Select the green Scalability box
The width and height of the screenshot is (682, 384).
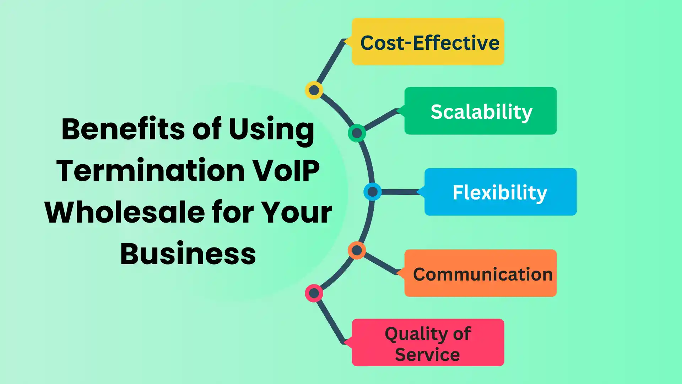pos(480,111)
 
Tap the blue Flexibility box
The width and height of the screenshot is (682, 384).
pos(500,192)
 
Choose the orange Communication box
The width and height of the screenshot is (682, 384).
pos(480,273)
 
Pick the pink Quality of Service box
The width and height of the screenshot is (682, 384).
pos(428,342)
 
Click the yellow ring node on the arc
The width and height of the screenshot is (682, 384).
pos(314,90)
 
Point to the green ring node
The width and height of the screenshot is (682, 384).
pos(357,133)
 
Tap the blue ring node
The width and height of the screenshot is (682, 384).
pos(372,192)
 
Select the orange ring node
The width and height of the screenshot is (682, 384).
pos(357,250)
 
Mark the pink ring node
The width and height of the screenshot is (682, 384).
pos(314,293)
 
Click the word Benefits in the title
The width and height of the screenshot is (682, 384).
pos(123,129)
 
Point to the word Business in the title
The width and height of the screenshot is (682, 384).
pos(188,254)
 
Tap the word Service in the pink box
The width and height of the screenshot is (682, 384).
pos(427,355)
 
